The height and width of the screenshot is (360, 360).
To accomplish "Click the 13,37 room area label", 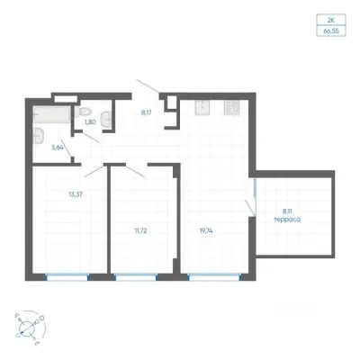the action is point(76,194).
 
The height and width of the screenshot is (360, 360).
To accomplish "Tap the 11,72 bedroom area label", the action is point(140,230).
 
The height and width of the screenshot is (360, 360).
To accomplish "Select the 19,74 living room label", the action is point(206,230).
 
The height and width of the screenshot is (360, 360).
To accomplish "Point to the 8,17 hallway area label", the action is point(146,113).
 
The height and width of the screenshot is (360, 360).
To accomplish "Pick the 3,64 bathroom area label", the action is point(58,147).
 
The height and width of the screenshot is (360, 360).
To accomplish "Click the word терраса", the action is point(287,220).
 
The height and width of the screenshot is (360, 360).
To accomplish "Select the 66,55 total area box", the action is point(331,31).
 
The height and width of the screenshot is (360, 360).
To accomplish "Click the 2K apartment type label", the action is point(331,21).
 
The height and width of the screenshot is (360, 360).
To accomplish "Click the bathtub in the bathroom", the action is point(52,114).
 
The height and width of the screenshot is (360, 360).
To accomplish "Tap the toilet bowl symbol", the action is point(82,112).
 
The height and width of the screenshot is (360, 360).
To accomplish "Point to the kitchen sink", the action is point(202,107).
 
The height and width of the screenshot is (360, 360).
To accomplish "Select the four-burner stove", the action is point(231,107).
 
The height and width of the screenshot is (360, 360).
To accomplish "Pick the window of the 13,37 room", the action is point(67,277).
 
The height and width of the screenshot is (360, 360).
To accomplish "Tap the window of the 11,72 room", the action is point(137,277).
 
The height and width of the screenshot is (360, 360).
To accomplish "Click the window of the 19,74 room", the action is point(214,277).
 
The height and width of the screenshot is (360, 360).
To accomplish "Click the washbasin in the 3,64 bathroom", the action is point(39,136).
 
